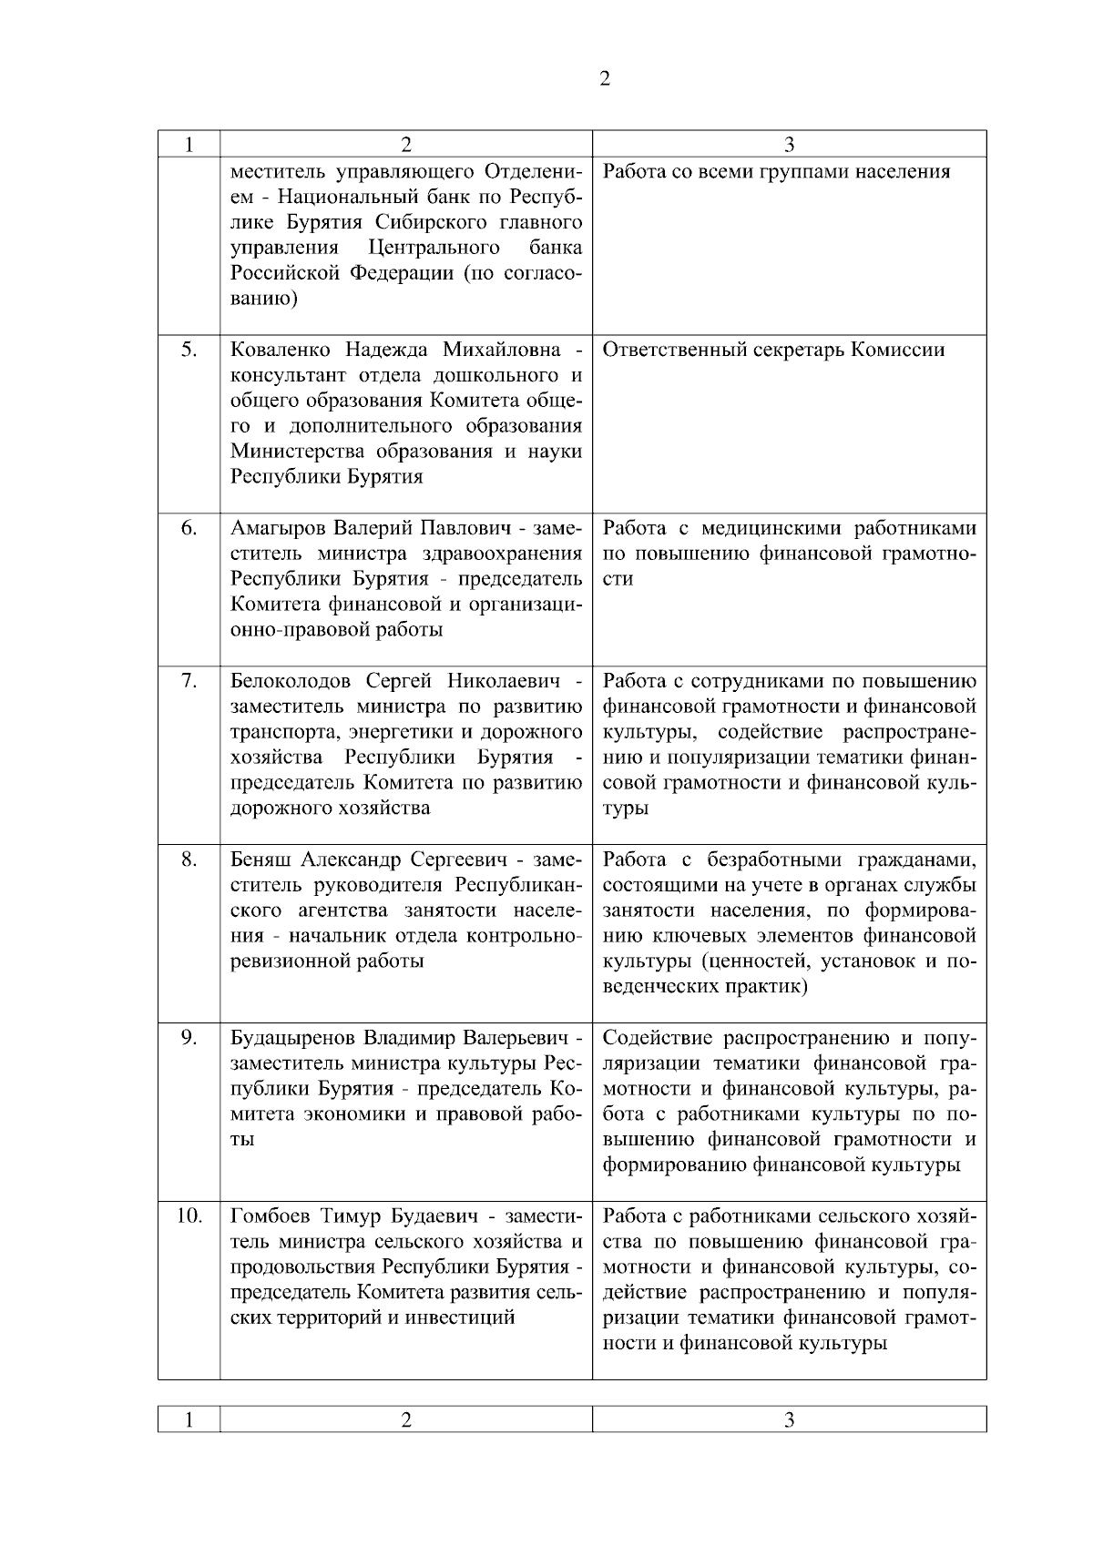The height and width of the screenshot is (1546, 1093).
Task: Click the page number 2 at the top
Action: pos(606,78)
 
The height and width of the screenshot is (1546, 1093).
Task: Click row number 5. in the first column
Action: pos(189,350)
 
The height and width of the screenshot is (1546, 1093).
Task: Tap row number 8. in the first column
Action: pos(189,859)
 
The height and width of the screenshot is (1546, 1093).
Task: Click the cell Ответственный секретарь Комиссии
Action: pos(773,350)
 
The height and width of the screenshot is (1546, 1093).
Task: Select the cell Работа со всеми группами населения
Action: pos(776,171)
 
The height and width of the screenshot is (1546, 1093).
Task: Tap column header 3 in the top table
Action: pos(789,144)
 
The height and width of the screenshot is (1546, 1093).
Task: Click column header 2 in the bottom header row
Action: pos(406,1419)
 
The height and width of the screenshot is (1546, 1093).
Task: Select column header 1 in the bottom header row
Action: pos(189,1419)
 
